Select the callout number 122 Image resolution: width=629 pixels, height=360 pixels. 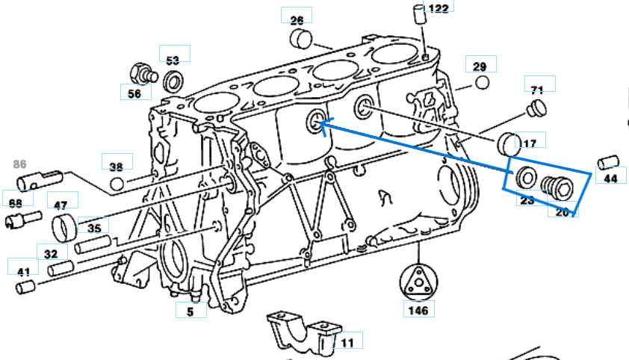(x=439, y=7)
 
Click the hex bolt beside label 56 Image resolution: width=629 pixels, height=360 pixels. (x=141, y=73)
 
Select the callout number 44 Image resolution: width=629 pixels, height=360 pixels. (x=610, y=178)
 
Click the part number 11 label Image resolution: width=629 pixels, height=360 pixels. (x=347, y=342)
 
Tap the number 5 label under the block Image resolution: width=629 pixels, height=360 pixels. (x=190, y=311)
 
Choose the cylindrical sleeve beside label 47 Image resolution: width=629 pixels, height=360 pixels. (x=63, y=224)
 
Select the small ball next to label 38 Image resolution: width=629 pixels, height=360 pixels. (x=116, y=184)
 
